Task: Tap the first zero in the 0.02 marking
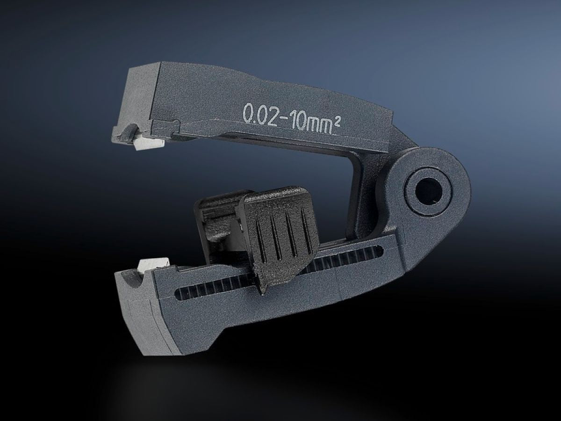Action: click(248, 113)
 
